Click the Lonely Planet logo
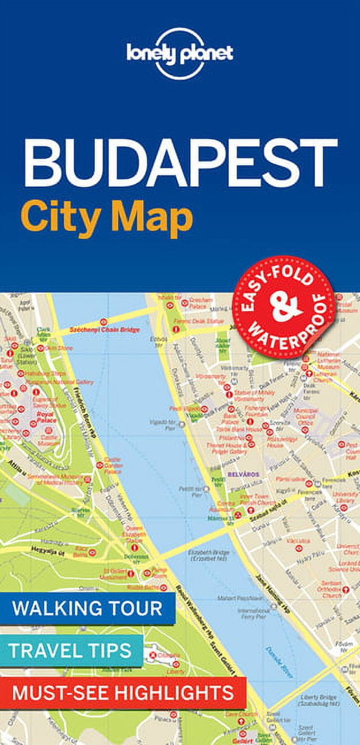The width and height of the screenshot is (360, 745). (x=179, y=53)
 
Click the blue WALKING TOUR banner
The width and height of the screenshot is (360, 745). (x=87, y=608)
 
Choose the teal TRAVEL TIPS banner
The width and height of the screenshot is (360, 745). (x=71, y=651)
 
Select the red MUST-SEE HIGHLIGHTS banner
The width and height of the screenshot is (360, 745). (x=122, y=693)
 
